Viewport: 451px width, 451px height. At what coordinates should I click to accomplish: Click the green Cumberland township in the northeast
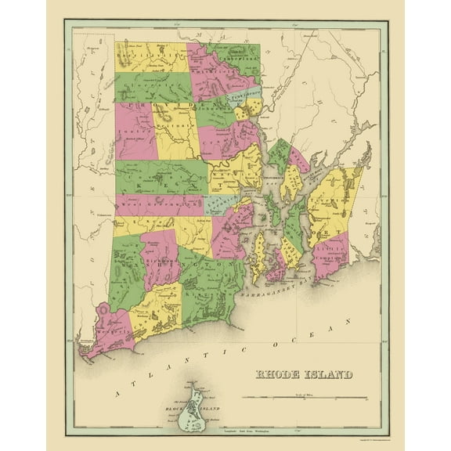[236, 60]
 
